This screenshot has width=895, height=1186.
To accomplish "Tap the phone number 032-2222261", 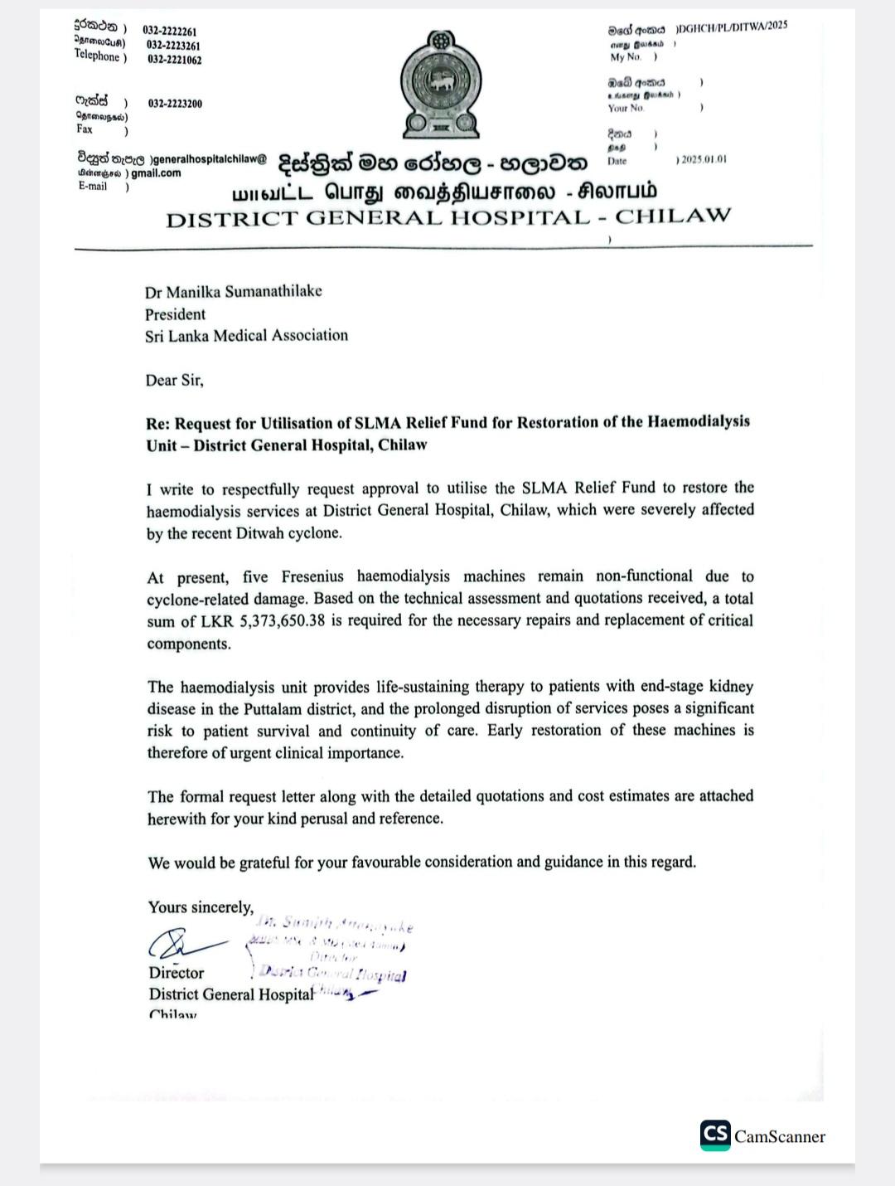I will (172, 31).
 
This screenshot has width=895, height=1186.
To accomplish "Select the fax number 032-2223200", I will (175, 104).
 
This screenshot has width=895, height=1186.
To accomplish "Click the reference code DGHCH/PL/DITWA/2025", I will (733, 27).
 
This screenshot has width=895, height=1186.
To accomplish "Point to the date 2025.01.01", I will (704, 159).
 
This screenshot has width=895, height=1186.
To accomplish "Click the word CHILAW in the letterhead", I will (673, 217).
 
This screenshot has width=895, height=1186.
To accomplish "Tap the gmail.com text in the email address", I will (156, 173).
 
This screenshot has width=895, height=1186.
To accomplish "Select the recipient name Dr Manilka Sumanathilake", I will (234, 292).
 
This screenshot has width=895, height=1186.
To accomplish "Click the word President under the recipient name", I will (175, 314).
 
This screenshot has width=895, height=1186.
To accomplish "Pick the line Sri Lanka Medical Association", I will (246, 336).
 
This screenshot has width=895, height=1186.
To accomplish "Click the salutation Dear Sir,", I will (174, 381).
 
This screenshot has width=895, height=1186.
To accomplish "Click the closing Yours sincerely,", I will (201, 907).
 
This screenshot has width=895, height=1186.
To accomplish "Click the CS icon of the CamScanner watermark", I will (715, 1135).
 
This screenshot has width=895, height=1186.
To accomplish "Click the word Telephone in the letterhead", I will (97, 56).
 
